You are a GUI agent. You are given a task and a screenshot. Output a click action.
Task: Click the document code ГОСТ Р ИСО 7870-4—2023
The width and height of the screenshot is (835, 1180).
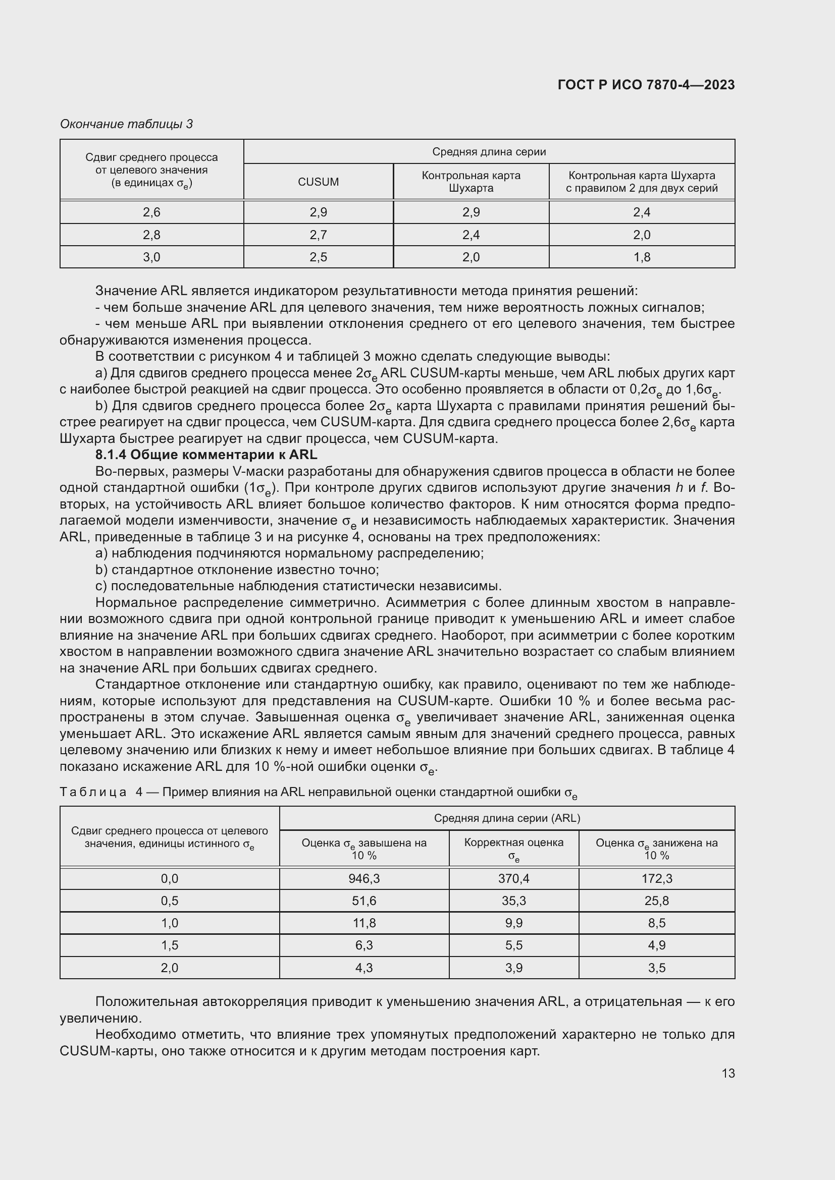(x=646, y=85)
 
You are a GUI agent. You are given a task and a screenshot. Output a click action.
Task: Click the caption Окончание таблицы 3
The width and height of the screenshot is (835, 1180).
(x=126, y=124)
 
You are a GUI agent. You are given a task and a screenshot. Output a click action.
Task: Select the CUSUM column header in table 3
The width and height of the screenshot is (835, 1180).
(x=318, y=182)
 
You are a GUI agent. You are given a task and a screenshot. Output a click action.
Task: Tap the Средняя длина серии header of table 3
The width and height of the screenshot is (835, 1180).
(x=489, y=152)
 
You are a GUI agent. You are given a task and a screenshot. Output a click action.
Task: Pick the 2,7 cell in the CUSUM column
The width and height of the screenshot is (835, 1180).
(x=318, y=235)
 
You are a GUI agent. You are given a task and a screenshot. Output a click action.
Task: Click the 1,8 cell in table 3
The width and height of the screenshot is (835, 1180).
(x=642, y=257)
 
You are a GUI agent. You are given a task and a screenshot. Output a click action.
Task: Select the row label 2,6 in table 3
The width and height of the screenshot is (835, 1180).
(x=151, y=212)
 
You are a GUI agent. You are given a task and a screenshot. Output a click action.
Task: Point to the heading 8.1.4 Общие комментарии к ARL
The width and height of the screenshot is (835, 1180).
(x=206, y=455)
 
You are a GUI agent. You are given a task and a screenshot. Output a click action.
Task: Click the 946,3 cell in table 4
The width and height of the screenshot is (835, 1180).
(x=364, y=878)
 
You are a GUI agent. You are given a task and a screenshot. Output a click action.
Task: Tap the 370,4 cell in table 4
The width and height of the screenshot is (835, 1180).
(x=513, y=878)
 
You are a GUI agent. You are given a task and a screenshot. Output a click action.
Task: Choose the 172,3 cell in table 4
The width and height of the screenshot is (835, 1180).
(x=657, y=878)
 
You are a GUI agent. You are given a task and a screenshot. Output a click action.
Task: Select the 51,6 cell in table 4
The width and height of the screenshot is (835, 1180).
(x=364, y=901)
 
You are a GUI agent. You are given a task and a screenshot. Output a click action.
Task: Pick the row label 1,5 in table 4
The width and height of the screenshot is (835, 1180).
(x=170, y=944)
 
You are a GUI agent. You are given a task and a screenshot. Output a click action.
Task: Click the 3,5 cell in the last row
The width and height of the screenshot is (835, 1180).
(x=657, y=968)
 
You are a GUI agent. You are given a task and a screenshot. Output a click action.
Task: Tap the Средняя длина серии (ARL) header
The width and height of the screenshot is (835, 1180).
(x=506, y=818)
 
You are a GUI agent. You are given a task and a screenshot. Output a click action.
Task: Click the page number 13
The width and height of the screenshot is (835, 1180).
(x=728, y=1073)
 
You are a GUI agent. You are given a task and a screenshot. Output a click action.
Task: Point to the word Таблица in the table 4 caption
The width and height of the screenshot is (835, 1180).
(x=93, y=792)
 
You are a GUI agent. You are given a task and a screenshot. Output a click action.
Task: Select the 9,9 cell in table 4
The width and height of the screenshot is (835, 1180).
(x=513, y=923)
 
